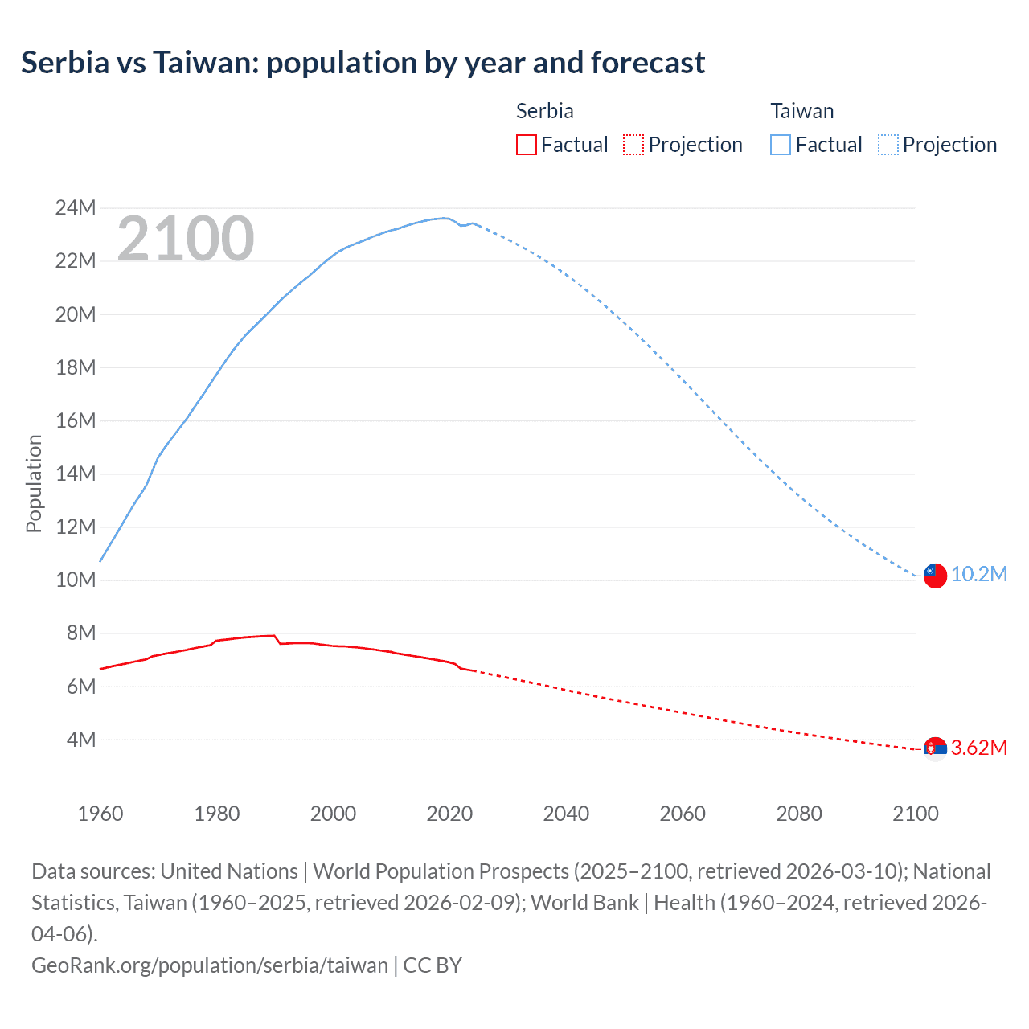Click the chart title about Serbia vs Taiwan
(363, 63)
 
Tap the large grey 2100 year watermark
(186, 239)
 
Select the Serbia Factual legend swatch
(526, 145)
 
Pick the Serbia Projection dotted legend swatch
(633, 145)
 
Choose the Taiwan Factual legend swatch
(780, 145)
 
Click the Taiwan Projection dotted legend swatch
(888, 145)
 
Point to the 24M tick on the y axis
(76, 208)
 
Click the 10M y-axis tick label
(76, 580)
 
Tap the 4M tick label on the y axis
(80, 740)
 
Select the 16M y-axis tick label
(76, 420)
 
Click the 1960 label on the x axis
(100, 814)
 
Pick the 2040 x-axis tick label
(566, 814)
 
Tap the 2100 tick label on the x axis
(916, 814)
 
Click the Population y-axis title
(34, 483)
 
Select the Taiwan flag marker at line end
(934, 576)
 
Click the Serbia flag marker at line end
(934, 748)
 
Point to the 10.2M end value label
(978, 574)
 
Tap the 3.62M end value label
(978, 748)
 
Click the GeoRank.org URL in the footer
(209, 965)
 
